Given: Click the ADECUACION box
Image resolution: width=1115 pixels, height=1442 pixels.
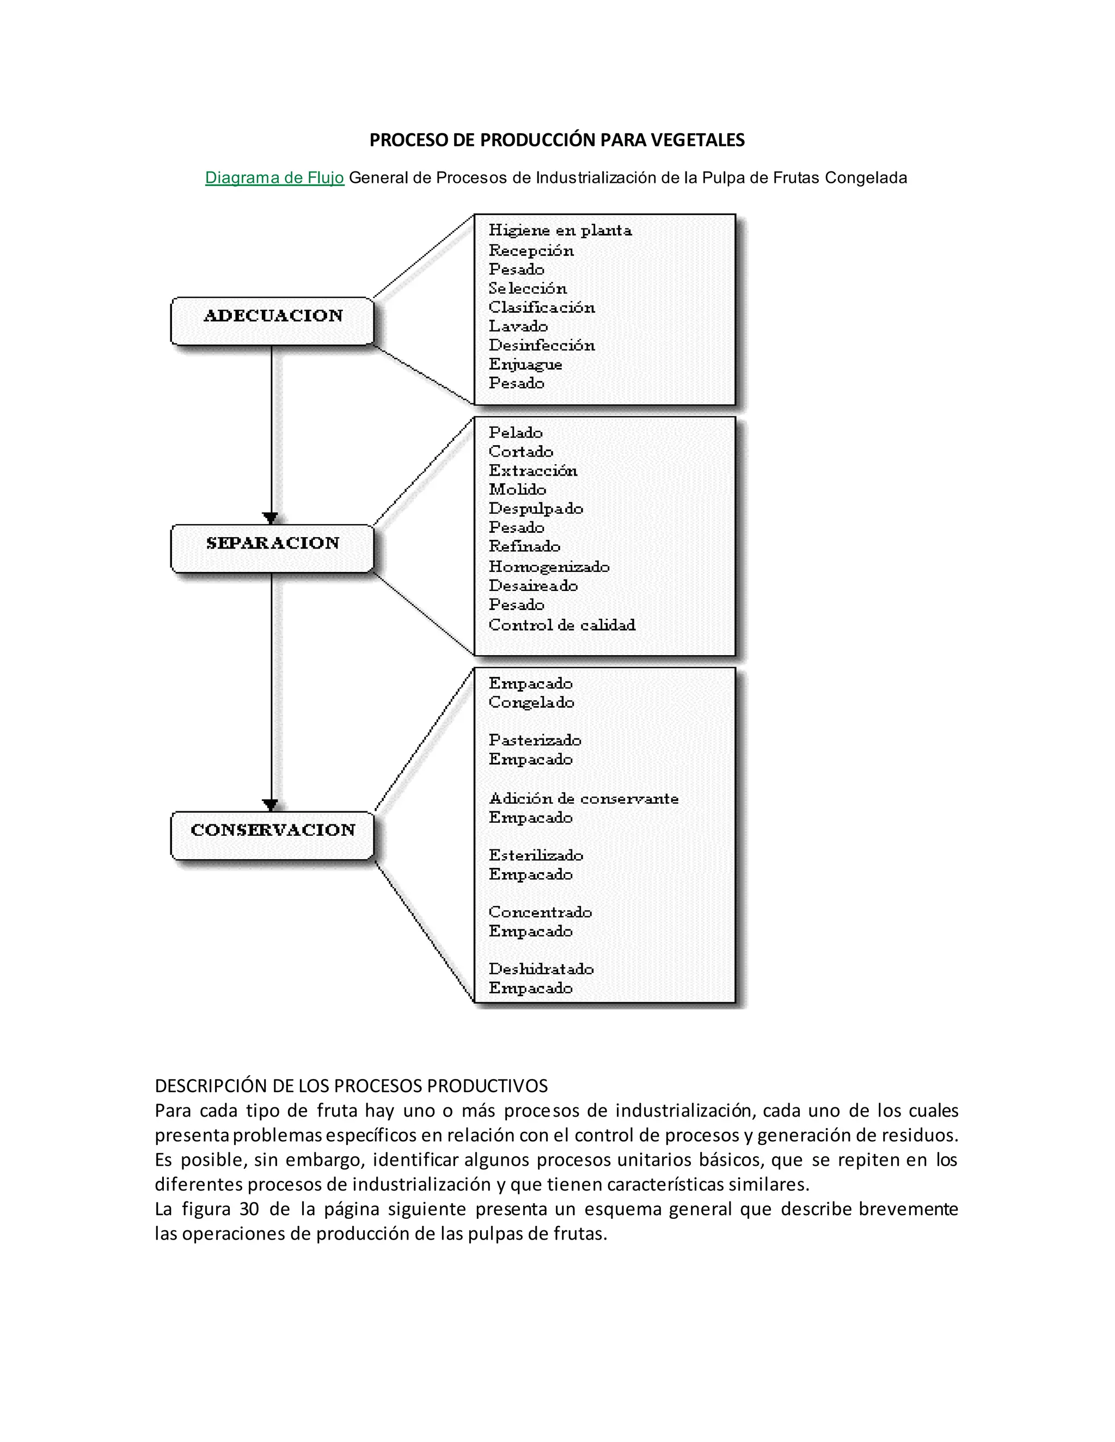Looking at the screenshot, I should click(x=272, y=321).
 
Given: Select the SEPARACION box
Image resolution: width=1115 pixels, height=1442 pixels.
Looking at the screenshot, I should click(x=272, y=548).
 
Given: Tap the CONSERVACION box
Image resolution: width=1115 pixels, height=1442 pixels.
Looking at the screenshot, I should click(x=272, y=835).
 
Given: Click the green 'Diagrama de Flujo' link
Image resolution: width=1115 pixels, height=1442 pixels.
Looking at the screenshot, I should click(x=275, y=177).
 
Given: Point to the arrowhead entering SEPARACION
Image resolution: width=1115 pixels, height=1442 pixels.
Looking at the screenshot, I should click(x=270, y=517).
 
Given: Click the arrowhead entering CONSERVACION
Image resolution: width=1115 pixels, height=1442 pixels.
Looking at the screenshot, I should click(x=270, y=805).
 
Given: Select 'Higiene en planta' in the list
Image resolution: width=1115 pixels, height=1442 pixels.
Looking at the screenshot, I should click(x=560, y=230).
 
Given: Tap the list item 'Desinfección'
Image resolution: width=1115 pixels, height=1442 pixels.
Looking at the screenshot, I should click(x=542, y=346).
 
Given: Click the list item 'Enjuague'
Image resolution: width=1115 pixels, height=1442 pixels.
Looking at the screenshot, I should click(x=525, y=365).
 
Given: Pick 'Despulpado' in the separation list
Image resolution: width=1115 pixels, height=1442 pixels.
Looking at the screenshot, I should click(x=536, y=508).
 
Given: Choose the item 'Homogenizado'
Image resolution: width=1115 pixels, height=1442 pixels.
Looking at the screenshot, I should click(x=549, y=566).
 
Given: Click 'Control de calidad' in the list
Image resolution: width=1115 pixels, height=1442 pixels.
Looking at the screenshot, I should click(x=561, y=625).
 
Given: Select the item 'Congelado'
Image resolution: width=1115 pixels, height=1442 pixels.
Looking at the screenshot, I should click(x=531, y=702).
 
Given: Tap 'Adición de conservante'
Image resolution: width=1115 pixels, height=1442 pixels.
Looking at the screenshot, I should click(x=583, y=798).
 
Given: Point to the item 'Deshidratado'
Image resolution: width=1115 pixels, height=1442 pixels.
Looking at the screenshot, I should click(x=541, y=969).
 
